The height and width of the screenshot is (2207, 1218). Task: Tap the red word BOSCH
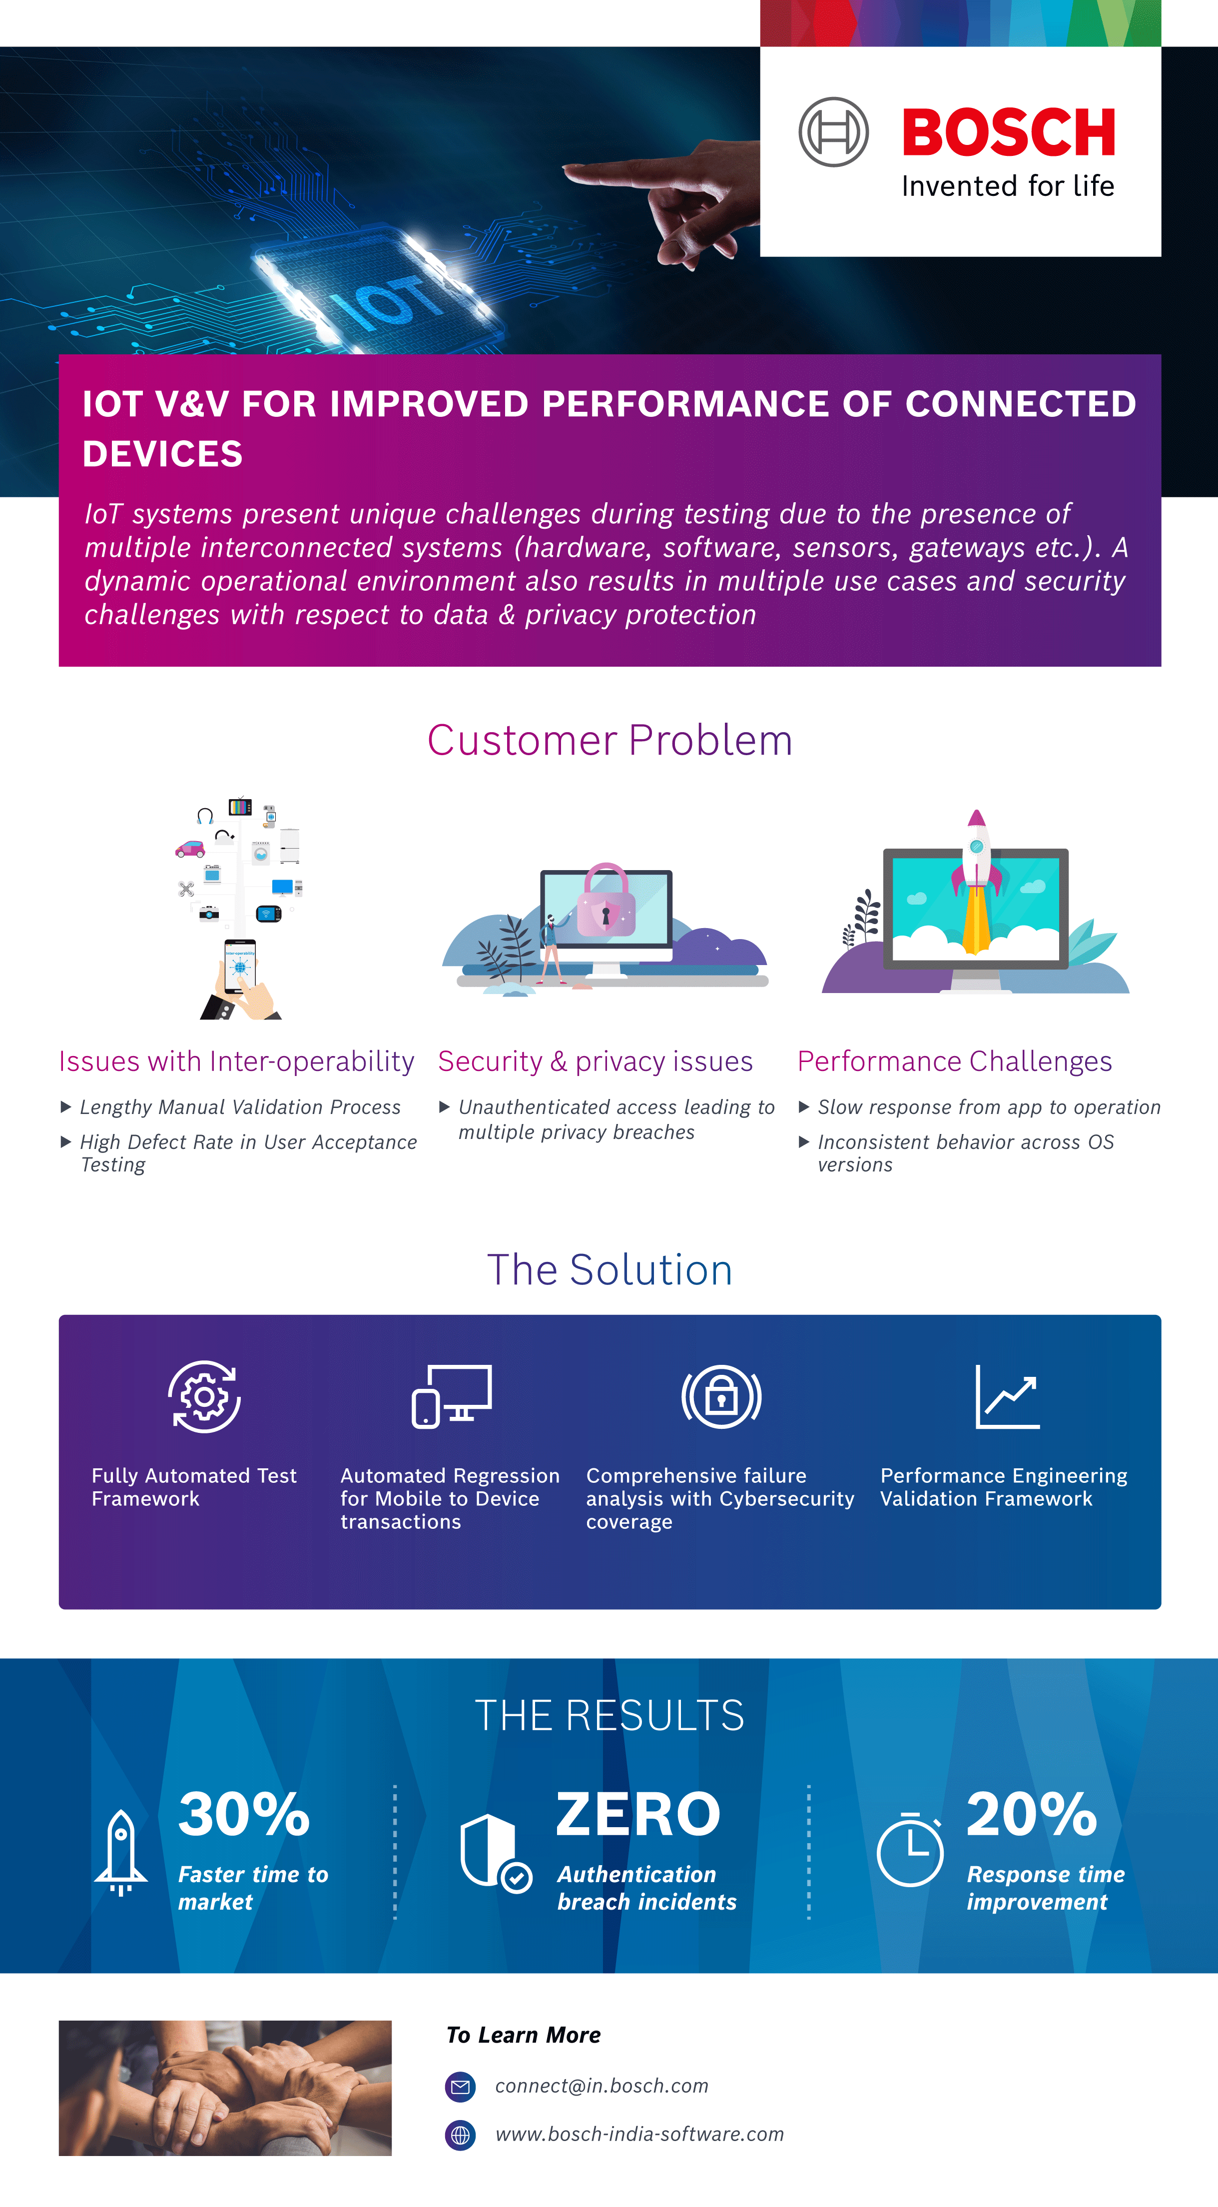coord(1008,133)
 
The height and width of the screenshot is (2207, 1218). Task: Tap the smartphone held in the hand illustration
coord(240,966)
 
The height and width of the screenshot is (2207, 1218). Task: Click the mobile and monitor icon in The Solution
coord(452,1396)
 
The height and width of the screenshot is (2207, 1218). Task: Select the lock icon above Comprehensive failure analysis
coord(721,1396)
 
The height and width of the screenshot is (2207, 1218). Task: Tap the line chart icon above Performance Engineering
coord(1007,1396)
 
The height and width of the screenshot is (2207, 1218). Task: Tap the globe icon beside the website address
coord(461,2135)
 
